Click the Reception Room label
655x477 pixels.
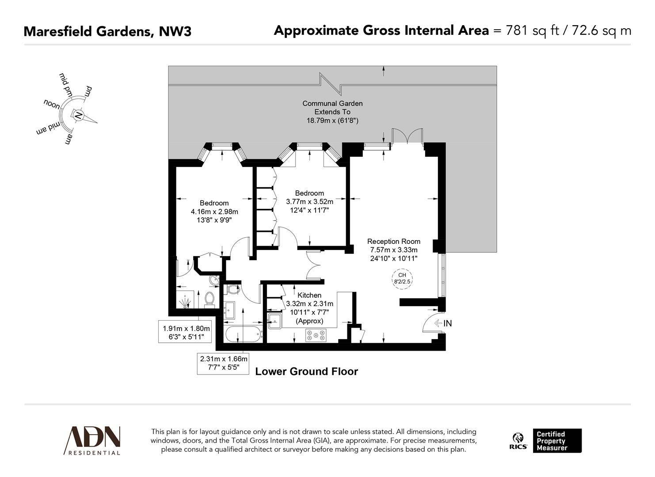click(x=393, y=242)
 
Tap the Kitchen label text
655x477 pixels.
click(x=309, y=295)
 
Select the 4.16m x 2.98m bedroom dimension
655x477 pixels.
click(x=214, y=212)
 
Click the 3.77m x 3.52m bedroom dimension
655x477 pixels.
click(x=309, y=201)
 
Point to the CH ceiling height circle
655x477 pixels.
click(x=402, y=278)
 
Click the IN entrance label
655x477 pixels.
click(x=447, y=323)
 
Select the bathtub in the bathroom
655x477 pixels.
click(x=244, y=334)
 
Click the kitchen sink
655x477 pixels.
click(x=274, y=321)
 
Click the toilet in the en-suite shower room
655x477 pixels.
click(x=209, y=299)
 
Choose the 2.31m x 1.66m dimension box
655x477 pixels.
click(x=224, y=363)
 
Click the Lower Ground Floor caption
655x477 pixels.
click(x=306, y=372)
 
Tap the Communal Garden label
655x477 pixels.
click(x=332, y=103)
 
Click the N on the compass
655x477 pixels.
click(x=78, y=116)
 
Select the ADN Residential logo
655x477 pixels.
click(x=92, y=440)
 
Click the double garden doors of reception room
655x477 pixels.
click(x=407, y=136)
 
